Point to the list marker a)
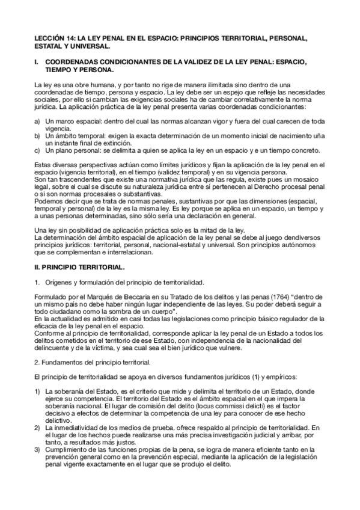pyautogui.click(x=38, y=121)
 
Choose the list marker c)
pyautogui.click(x=38, y=150)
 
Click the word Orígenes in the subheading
pyautogui.click(x=58, y=281)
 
